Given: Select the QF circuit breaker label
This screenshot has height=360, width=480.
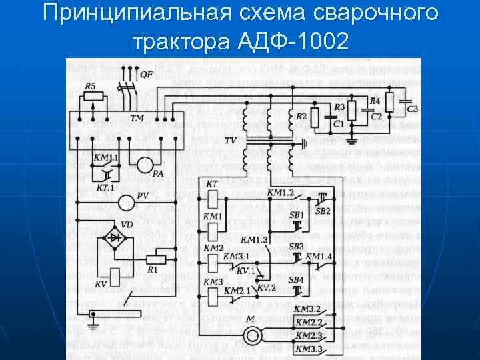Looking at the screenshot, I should (x=146, y=74).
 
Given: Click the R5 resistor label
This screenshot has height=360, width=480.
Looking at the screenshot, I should (x=90, y=86).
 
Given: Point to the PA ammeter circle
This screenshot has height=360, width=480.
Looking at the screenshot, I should (x=147, y=165).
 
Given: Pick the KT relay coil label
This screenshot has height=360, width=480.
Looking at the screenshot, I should (x=212, y=183).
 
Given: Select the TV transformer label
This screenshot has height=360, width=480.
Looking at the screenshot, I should (x=231, y=141).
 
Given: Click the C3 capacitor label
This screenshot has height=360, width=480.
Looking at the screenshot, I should (x=412, y=109).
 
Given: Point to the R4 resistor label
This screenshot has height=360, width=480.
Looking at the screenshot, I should (x=375, y=101).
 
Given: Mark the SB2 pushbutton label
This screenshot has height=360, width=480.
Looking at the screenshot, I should (x=323, y=211).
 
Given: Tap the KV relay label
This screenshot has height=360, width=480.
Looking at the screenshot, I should (x=101, y=284).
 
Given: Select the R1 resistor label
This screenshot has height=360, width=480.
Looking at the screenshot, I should (x=153, y=270).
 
